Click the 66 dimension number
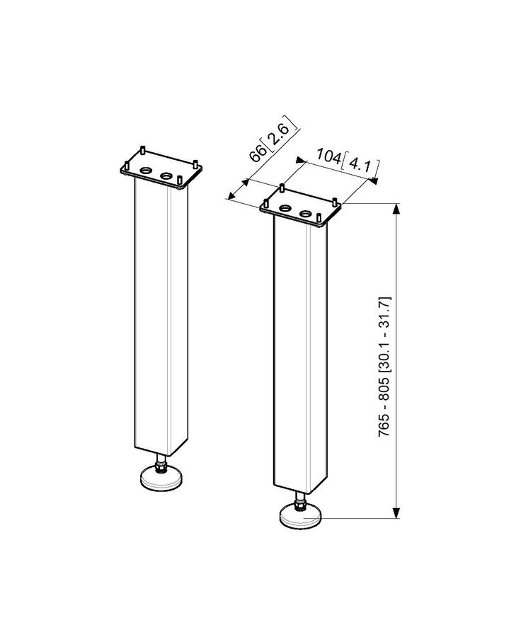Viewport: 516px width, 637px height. point(257,153)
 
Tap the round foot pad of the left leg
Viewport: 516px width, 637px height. point(162,479)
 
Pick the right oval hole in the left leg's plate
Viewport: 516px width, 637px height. point(166,174)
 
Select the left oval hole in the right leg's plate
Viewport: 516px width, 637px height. point(287,209)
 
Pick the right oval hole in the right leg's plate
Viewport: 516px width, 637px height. point(306,212)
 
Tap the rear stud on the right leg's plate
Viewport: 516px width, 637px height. point(282,189)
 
